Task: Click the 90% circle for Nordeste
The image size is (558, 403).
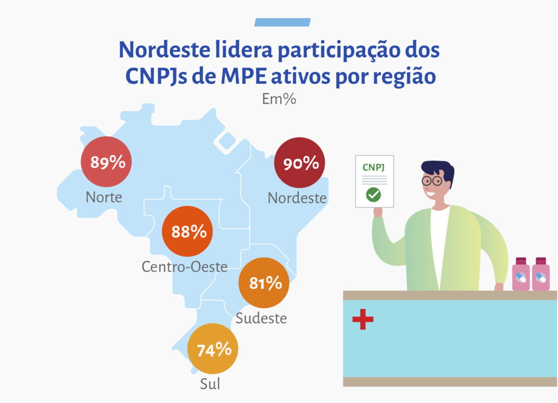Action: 300,163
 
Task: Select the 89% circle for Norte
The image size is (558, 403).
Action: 107,162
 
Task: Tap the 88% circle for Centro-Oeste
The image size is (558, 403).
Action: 189,231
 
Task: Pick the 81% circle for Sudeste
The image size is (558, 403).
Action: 265,283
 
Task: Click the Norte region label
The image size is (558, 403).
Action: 104,197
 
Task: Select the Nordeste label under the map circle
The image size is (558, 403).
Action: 297,198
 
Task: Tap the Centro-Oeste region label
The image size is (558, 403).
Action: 184,266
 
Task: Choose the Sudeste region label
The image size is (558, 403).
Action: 261,318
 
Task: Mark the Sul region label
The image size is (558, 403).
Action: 210,384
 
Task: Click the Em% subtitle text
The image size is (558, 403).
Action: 279,99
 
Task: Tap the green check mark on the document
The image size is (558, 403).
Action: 373,194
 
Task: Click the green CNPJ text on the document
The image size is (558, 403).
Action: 374,167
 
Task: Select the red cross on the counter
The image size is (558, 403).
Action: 363,319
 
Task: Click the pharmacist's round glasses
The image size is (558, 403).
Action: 434,180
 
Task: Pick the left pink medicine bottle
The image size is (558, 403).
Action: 521,274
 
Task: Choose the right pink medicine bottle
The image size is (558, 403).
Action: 541,274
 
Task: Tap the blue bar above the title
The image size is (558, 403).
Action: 282,22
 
